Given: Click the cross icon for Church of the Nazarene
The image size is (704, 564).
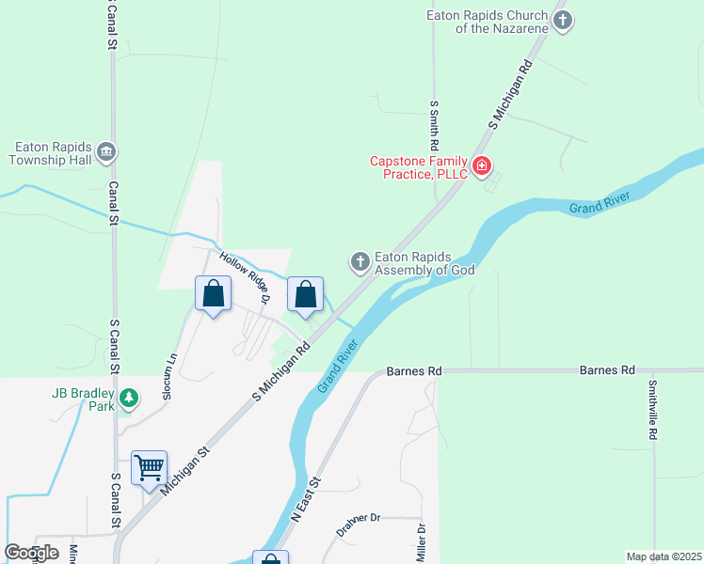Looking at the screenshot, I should [563, 22].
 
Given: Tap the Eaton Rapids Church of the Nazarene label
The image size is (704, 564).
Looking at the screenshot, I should [486, 22].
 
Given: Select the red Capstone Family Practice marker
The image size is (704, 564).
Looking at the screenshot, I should [481, 167].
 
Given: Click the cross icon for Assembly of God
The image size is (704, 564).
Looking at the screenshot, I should [360, 262].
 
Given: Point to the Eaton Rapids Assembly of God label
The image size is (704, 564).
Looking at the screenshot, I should [424, 262].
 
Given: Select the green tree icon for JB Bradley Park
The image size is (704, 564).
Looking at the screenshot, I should [129, 399].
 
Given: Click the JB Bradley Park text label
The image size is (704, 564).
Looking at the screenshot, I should [82, 399].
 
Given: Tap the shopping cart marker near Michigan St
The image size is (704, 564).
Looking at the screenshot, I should [149, 467].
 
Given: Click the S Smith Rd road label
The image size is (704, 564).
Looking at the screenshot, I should [434, 129].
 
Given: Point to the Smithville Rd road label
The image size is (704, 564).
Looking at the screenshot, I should [651, 410].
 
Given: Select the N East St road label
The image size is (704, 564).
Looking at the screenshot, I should [306, 499].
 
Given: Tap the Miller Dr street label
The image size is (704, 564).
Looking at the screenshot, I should [421, 543].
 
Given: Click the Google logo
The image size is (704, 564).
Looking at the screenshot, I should [31, 552].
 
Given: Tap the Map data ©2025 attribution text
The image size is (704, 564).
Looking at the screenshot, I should [663, 556].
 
